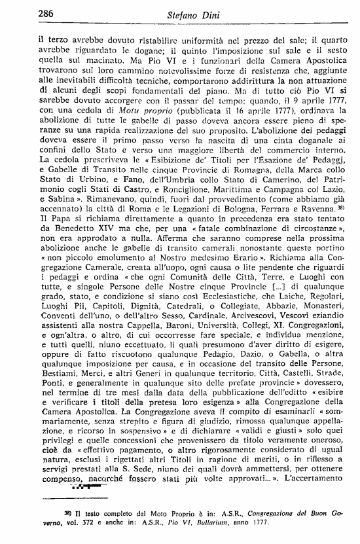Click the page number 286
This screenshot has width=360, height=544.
[28, 13]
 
